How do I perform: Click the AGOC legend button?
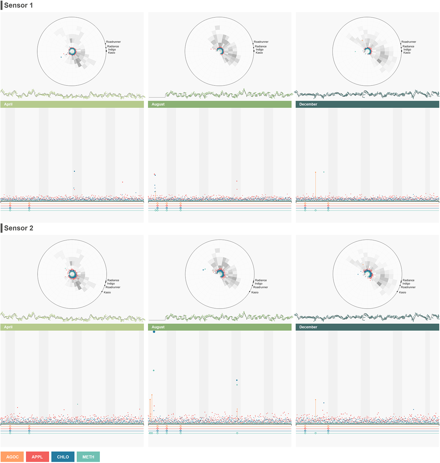(x=12, y=457)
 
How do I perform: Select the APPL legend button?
(x=37, y=457)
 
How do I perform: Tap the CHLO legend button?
(x=63, y=457)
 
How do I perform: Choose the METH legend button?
(x=88, y=457)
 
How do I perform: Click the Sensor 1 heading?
(x=18, y=5)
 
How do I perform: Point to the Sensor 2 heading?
(x=18, y=228)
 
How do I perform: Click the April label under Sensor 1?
(x=8, y=104)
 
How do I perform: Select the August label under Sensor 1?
(x=158, y=104)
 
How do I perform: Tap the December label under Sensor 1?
(x=308, y=104)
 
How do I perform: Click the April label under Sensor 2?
(x=8, y=327)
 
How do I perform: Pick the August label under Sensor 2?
(x=158, y=327)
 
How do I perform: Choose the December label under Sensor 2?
(x=308, y=327)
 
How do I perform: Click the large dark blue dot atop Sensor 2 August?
(x=154, y=332)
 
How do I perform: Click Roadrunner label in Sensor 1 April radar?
(x=113, y=42)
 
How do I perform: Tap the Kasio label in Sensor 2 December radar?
(x=402, y=292)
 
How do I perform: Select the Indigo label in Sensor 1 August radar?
(x=259, y=49)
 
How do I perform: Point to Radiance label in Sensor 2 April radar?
(x=113, y=280)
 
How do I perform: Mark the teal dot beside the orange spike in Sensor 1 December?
(x=324, y=172)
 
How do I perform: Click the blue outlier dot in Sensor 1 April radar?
(x=61, y=57)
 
